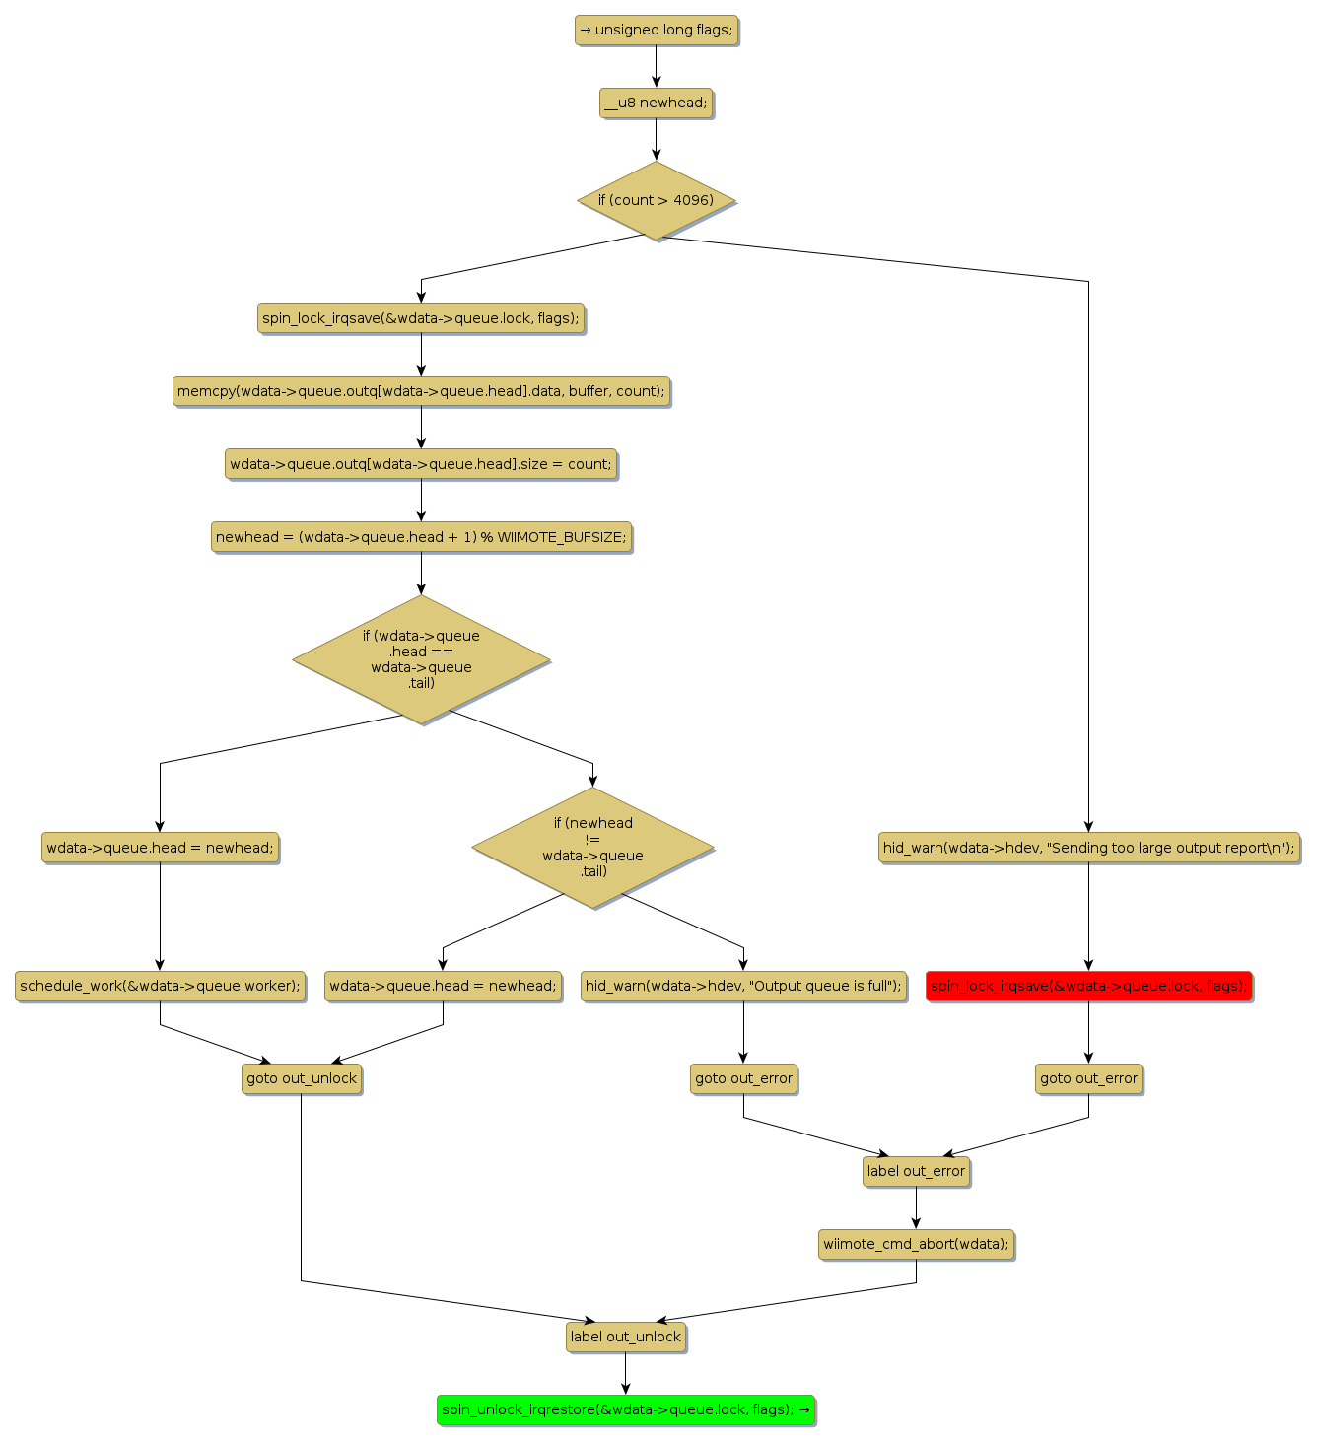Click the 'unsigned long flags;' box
[656, 31]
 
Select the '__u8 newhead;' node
[656, 103]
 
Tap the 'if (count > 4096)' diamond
[656, 200]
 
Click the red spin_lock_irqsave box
[1088, 986]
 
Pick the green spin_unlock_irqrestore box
[626, 1409]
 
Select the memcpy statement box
[421, 391]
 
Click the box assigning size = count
[421, 464]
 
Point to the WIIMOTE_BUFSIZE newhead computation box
[421, 537]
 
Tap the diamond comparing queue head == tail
[421, 659]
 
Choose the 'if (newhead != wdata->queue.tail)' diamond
[592, 847]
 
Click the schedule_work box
[160, 986]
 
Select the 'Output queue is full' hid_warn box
[743, 986]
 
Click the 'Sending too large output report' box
[1088, 848]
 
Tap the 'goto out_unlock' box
[302, 1078]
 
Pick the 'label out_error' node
[916, 1171]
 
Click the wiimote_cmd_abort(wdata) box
[916, 1244]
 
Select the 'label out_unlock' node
[626, 1337]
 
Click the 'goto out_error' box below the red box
[1088, 1078]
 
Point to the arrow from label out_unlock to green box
[626, 1373]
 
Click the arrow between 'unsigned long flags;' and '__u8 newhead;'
[656, 67]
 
